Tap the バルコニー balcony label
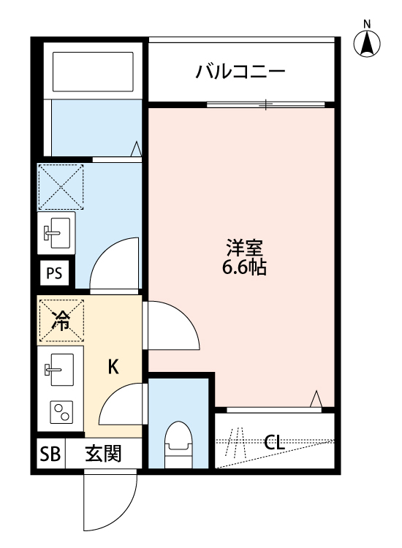239,72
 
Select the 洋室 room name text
244,248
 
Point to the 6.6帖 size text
244,267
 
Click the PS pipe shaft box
55,274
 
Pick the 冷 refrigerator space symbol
61,320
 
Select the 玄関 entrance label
102,454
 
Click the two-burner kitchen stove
61,413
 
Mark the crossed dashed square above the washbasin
61,186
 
